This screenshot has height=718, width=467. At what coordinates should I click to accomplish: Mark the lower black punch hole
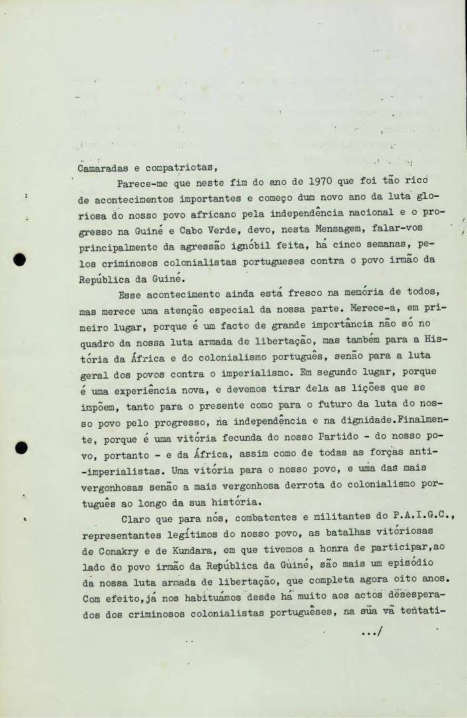(21, 447)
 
